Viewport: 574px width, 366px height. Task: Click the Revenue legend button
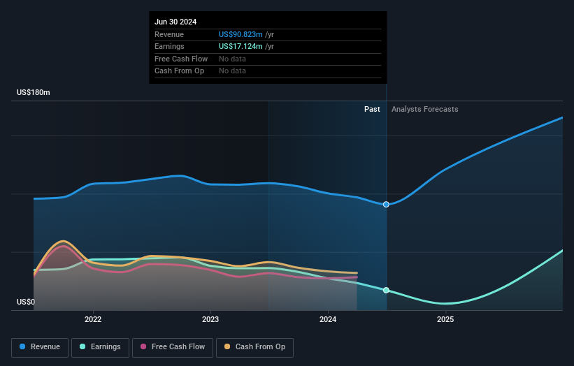40,347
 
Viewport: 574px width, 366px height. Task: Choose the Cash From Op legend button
254,347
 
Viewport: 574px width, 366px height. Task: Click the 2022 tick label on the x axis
93,319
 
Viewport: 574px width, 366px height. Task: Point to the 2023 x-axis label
210,319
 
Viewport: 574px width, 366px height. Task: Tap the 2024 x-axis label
328,319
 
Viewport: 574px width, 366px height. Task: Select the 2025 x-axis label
445,319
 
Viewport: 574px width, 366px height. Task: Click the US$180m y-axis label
34,92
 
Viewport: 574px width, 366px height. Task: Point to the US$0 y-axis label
26,302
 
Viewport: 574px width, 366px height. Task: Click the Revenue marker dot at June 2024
387,204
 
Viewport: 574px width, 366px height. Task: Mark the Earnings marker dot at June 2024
387,290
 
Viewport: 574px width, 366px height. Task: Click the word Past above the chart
372,109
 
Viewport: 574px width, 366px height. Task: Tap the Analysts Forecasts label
425,109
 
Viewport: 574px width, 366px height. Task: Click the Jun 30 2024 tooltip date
175,22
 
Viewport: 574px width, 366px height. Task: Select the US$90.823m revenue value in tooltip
241,34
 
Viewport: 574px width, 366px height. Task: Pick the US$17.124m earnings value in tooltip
241,46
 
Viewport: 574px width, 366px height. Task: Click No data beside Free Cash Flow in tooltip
232,59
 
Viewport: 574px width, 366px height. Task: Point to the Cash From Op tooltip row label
179,71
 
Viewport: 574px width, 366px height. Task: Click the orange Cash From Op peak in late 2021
63,241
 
